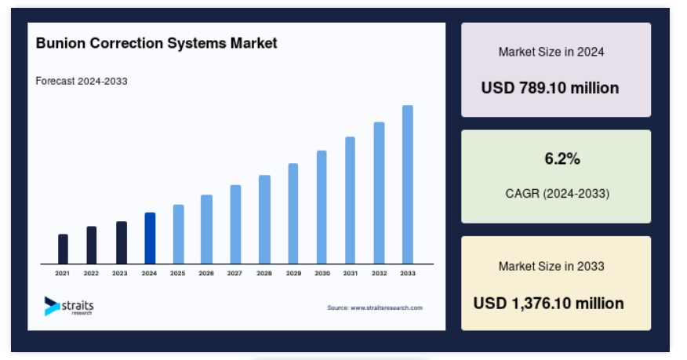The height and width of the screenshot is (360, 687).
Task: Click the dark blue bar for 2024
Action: (150, 238)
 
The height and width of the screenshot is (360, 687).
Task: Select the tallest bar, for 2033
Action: (408, 184)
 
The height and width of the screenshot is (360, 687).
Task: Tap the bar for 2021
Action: (63, 249)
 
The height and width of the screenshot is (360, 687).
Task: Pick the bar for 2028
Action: (264, 220)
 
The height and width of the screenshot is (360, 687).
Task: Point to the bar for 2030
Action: (322, 207)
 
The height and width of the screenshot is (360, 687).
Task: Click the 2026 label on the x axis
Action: (206, 273)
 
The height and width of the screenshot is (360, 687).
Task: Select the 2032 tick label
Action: (379, 273)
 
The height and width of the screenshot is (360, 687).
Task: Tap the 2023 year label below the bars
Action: (120, 273)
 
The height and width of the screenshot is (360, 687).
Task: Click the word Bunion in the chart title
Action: (60, 43)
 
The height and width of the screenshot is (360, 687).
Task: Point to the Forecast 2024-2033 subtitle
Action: (82, 81)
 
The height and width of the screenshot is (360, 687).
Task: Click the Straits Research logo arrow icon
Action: (51, 306)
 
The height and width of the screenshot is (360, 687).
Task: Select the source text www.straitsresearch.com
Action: (387, 308)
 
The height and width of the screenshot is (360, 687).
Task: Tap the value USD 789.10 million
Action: (550, 88)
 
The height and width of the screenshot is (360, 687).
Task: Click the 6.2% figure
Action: (562, 158)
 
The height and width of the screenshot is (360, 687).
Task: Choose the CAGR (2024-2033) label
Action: (558, 194)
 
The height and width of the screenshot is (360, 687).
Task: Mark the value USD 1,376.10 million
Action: (548, 303)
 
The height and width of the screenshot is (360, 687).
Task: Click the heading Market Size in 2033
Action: (551, 267)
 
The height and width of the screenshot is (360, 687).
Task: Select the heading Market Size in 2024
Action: (551, 52)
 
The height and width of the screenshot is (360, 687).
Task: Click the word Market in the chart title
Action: (253, 43)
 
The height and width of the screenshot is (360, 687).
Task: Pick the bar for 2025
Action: (178, 234)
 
